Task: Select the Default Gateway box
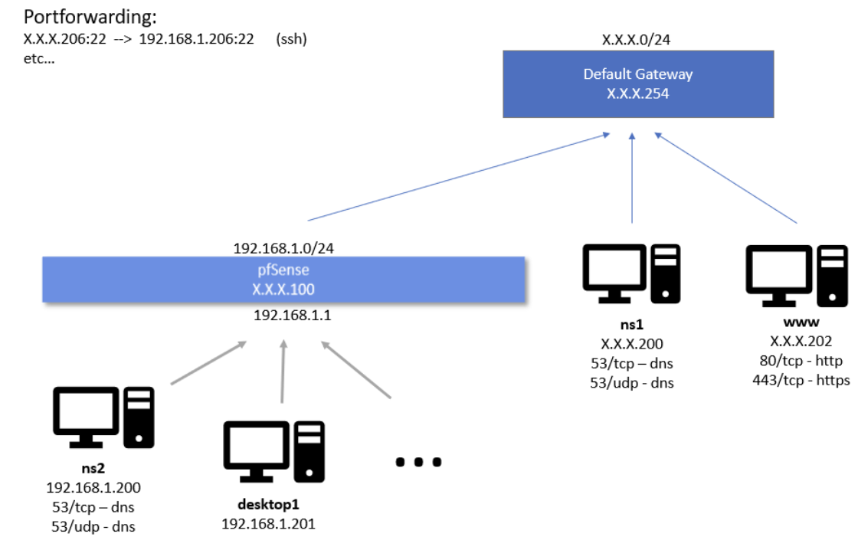[x=637, y=83]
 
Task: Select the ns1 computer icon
[x=631, y=272]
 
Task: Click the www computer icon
[x=797, y=272]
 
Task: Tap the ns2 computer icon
[x=103, y=417]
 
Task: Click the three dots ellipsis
[x=418, y=461]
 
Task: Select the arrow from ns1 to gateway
[x=632, y=176]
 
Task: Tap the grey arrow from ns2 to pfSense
[x=208, y=362]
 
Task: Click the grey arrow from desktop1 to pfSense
[x=283, y=372]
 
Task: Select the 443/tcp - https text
[x=801, y=380]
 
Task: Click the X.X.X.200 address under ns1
[x=631, y=344]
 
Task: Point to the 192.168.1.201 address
[x=268, y=523]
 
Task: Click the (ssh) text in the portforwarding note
[x=291, y=38]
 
